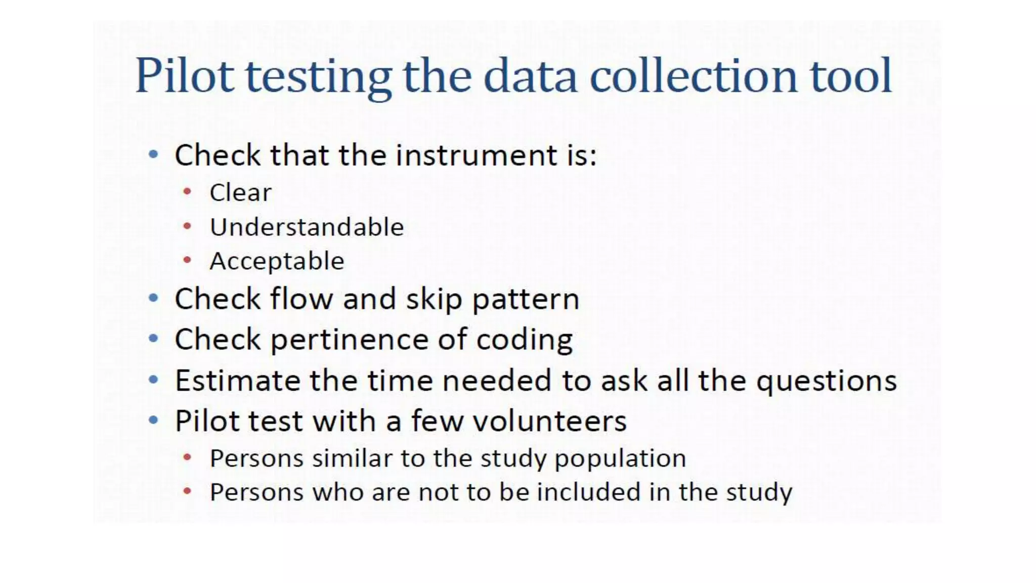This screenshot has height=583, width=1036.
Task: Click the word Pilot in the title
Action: coord(185,76)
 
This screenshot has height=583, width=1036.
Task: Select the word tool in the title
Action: coord(851,76)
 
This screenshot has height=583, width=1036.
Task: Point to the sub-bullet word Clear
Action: coord(240,193)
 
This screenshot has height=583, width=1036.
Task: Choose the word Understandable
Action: coord(307,227)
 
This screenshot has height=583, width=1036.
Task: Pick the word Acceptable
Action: coord(277,262)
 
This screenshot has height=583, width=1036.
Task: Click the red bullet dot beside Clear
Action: coord(187,192)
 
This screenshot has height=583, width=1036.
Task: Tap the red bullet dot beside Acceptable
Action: coord(187,261)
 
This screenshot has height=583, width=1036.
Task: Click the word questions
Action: coord(827,381)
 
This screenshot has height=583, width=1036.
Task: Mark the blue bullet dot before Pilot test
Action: coord(153,420)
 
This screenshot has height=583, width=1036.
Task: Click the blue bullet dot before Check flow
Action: coord(153,298)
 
